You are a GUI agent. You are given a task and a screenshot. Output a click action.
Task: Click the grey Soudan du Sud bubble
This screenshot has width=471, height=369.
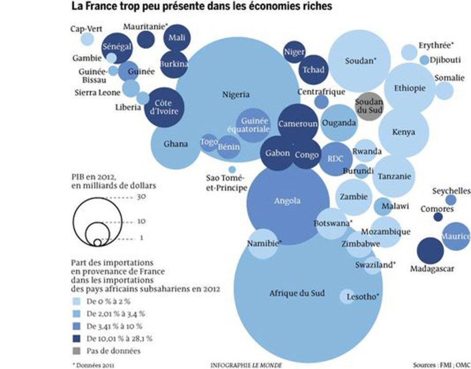pos(369,106)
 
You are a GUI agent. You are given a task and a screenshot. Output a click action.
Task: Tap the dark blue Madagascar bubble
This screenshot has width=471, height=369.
pos(429,251)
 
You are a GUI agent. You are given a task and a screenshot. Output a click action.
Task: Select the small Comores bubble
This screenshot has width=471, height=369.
pos(438,217)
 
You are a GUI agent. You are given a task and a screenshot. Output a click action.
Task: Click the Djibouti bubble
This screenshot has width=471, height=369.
pos(424,60)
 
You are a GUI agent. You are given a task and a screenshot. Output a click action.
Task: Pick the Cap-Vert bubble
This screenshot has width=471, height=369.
pos(87,39)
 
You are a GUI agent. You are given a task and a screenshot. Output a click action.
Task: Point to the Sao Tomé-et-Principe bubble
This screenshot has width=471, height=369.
pos(232,170)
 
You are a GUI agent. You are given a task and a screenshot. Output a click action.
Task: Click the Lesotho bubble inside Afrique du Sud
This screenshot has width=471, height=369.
pos(347,296)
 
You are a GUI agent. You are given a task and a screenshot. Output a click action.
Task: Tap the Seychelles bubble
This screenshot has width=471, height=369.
pos(451,199)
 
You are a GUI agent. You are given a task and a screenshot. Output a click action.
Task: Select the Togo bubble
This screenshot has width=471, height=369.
pos(209,142)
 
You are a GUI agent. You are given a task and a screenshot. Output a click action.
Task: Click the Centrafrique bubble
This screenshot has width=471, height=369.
pos(321,101)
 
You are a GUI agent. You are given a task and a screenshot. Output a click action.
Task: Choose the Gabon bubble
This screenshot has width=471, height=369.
pos(277,153)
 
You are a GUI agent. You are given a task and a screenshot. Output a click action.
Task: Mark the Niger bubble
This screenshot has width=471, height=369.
pos(294,52)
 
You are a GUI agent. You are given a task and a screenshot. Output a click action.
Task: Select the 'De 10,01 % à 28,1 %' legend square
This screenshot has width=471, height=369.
pos(76,338)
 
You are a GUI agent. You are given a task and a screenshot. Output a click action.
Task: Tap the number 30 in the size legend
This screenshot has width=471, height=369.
pos(141,197)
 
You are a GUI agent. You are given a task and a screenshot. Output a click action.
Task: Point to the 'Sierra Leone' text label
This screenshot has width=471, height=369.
pos(97,92)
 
